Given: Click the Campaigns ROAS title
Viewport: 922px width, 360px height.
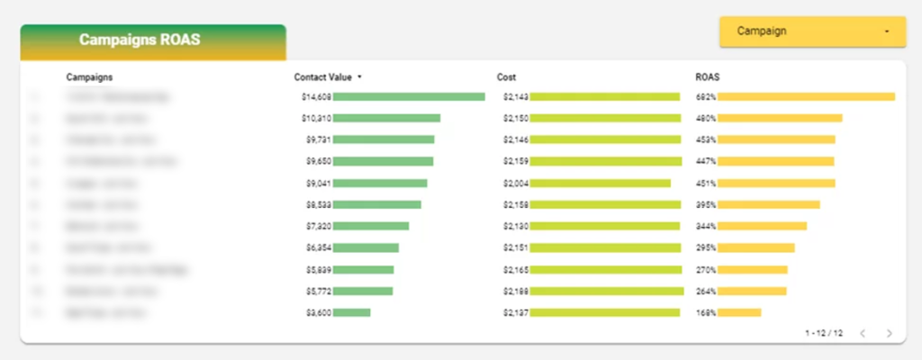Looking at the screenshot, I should [140, 40].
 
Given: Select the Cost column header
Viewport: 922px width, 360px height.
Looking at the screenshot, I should [506, 77].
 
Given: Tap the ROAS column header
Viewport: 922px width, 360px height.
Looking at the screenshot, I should [707, 77].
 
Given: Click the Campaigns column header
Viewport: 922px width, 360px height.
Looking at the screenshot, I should [89, 77].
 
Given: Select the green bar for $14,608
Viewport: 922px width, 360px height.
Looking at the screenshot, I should [409, 96].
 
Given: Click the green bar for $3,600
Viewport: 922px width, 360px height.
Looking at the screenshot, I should [352, 312].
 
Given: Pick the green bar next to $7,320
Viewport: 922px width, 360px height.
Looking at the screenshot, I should [371, 226].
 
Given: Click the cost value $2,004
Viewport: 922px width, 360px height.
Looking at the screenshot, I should [516, 183].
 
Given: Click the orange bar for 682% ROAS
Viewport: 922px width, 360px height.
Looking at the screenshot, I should [807, 96].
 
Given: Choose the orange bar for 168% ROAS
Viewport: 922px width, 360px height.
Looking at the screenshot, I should [740, 312].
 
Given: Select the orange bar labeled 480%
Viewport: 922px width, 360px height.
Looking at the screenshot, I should [781, 118].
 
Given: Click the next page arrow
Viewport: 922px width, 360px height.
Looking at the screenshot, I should [890, 333].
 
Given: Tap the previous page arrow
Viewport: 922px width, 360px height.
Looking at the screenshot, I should [863, 333].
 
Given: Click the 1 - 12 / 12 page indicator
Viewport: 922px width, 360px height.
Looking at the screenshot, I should [824, 333].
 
